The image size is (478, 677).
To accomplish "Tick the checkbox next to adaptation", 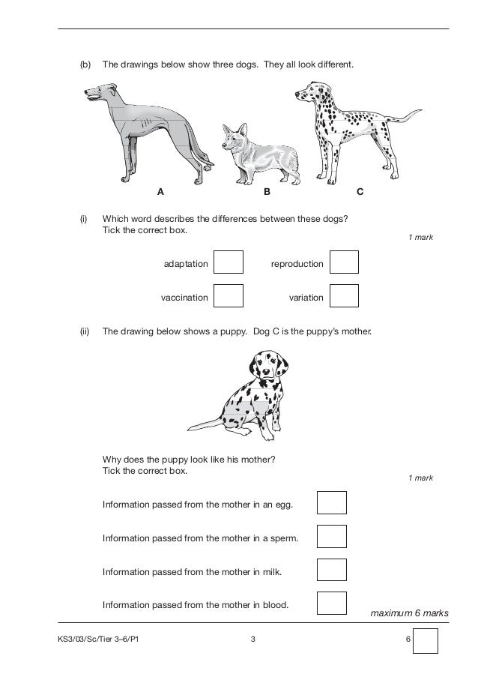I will click(x=229, y=262).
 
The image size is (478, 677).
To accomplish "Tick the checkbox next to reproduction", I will click(x=344, y=262).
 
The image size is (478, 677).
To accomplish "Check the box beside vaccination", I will click(x=229, y=296).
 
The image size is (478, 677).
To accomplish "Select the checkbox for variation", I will click(x=344, y=296).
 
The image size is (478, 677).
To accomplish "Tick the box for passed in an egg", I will click(x=332, y=502).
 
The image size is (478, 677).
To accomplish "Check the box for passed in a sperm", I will click(x=332, y=536).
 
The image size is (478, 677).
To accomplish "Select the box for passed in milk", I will click(x=332, y=570).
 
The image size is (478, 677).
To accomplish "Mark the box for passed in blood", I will click(x=332, y=603).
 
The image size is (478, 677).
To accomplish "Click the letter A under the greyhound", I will click(x=160, y=192).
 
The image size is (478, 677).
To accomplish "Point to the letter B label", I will click(x=266, y=192).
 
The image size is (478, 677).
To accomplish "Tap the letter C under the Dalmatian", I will click(x=360, y=192).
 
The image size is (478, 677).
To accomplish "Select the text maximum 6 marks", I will click(x=409, y=613).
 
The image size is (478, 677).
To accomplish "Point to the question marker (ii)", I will click(x=85, y=331).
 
